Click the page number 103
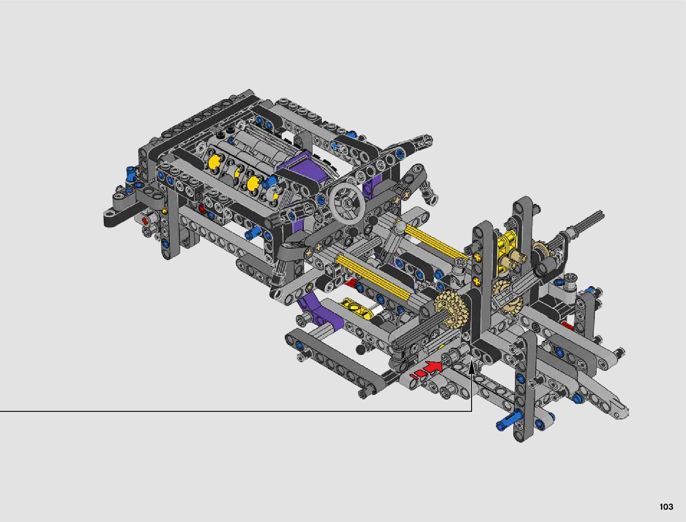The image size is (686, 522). pos(666,506)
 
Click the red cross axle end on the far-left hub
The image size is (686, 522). pos(144,220)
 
